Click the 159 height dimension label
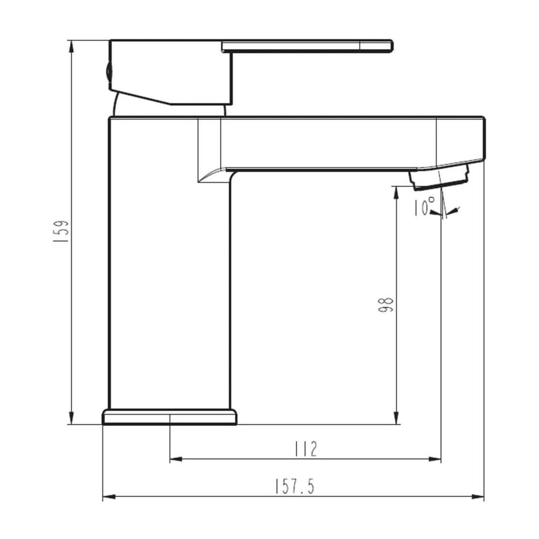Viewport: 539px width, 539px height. click(61, 231)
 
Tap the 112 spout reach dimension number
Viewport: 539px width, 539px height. click(306, 450)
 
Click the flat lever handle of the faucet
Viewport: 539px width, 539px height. click(307, 46)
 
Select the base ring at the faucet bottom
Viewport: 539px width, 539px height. click(169, 417)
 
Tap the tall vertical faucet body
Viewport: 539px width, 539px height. click(169, 263)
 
